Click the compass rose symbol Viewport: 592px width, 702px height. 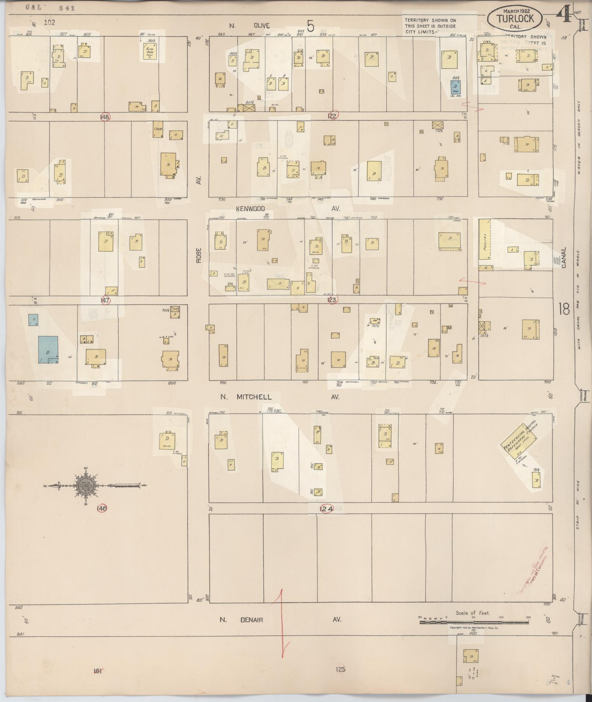click(87, 485)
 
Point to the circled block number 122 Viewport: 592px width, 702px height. click(333, 116)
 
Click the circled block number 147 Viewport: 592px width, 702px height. click(106, 300)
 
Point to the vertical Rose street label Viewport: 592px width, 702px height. click(199, 255)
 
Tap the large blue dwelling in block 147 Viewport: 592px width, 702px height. click(48, 349)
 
